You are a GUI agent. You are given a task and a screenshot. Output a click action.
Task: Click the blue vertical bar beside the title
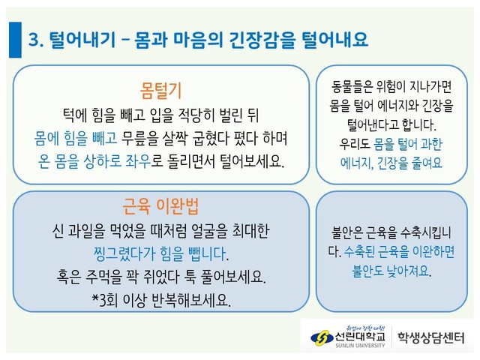[15, 40]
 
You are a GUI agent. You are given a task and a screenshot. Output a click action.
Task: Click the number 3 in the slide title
[33, 40]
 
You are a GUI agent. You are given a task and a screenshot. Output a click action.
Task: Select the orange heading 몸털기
[160, 91]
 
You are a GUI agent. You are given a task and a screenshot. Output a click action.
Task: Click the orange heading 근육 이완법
[160, 206]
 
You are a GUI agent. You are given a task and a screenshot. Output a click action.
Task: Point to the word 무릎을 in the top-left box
[140, 138]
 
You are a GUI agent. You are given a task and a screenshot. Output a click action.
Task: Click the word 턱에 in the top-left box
[75, 115]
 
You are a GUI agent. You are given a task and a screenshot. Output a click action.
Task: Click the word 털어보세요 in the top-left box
[252, 161]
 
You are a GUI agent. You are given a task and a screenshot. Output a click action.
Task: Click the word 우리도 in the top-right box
[355, 143]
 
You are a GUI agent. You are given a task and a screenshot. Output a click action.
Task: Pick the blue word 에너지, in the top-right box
[357, 163]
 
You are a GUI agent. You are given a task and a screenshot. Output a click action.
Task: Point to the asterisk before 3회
[95, 297]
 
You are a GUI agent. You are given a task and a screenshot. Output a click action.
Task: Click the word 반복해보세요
[191, 300]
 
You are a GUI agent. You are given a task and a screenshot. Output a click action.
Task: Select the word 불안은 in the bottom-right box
[347, 233]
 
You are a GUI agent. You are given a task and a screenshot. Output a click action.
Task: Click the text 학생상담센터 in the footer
[431, 338]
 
